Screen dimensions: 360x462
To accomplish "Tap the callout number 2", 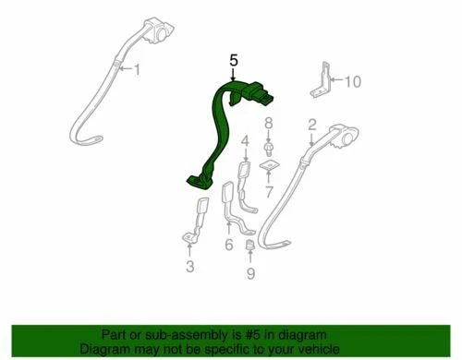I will (x=312, y=124).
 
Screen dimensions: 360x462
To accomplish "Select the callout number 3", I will (x=189, y=268).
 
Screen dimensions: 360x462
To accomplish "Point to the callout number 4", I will (x=245, y=141).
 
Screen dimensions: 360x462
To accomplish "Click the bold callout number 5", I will (x=234, y=60).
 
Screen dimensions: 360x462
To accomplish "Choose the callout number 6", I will (x=228, y=245).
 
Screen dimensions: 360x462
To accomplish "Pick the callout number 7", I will (x=269, y=193).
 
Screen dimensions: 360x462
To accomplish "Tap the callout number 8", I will (x=269, y=123).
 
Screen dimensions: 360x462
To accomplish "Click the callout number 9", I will (x=249, y=274).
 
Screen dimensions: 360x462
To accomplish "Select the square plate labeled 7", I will (x=269, y=167).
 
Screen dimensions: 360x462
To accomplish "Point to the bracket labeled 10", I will (x=325, y=83).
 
